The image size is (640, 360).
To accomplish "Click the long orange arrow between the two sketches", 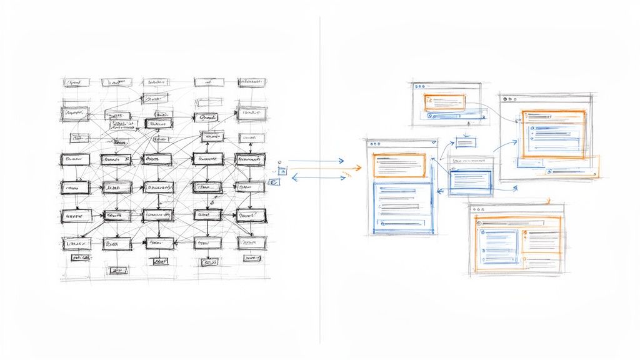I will click(316, 167).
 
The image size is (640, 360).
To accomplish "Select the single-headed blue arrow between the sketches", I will click(316, 161).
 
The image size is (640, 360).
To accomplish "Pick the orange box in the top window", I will click(444, 102).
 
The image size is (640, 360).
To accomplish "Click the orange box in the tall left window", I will click(399, 166).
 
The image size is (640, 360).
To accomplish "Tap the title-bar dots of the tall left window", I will click(375, 144).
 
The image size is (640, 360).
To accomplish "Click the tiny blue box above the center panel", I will click(466, 142).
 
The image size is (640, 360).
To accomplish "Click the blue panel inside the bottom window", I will click(500, 247).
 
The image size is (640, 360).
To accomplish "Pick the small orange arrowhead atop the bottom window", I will click(548, 201).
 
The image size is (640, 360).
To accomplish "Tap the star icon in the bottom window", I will click(482, 231).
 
